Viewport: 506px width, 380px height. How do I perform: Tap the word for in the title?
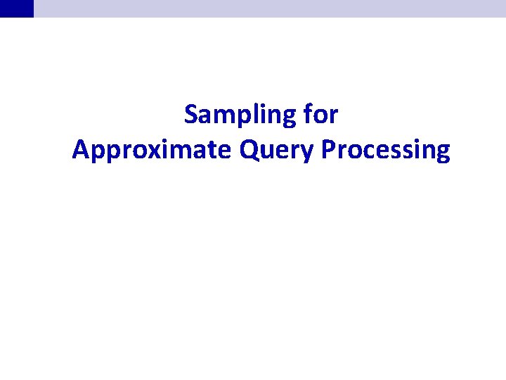pyautogui.click(x=321, y=115)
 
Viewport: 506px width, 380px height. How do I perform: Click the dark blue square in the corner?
pyautogui.click(x=16, y=8)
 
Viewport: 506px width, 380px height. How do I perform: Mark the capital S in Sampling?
pyautogui.click(x=190, y=115)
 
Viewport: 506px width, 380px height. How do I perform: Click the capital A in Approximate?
pyautogui.click(x=79, y=150)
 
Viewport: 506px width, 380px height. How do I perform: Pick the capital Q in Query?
pyautogui.click(x=249, y=150)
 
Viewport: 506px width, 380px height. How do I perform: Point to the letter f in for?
pyautogui.click(x=309, y=114)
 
